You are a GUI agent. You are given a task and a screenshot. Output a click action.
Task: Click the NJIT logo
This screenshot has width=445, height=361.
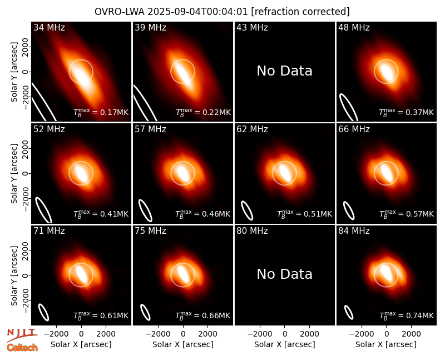(x=22, y=334)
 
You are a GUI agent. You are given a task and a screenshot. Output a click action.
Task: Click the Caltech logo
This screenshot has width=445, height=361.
(x=22, y=348)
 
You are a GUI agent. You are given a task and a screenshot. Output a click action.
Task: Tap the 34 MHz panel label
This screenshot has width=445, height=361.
(x=49, y=27)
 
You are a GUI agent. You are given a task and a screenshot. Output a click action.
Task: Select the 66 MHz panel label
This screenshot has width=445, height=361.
(x=354, y=129)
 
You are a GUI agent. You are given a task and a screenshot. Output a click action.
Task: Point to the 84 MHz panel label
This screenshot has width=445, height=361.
(x=354, y=231)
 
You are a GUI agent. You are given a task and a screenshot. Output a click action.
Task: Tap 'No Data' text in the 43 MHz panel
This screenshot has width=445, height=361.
(x=284, y=71)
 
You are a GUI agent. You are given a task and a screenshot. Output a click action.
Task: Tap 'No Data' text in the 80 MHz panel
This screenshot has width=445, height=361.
(x=284, y=274)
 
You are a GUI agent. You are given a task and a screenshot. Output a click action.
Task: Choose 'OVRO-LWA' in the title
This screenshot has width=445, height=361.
(x=120, y=12)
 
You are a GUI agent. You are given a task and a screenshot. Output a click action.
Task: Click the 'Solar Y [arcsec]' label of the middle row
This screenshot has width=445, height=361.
(x=14, y=173)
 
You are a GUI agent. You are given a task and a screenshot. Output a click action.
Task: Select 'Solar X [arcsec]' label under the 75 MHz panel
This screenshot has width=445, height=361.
(x=183, y=344)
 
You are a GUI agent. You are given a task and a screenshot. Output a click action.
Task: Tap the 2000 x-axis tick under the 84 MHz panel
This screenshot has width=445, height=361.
(x=411, y=334)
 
